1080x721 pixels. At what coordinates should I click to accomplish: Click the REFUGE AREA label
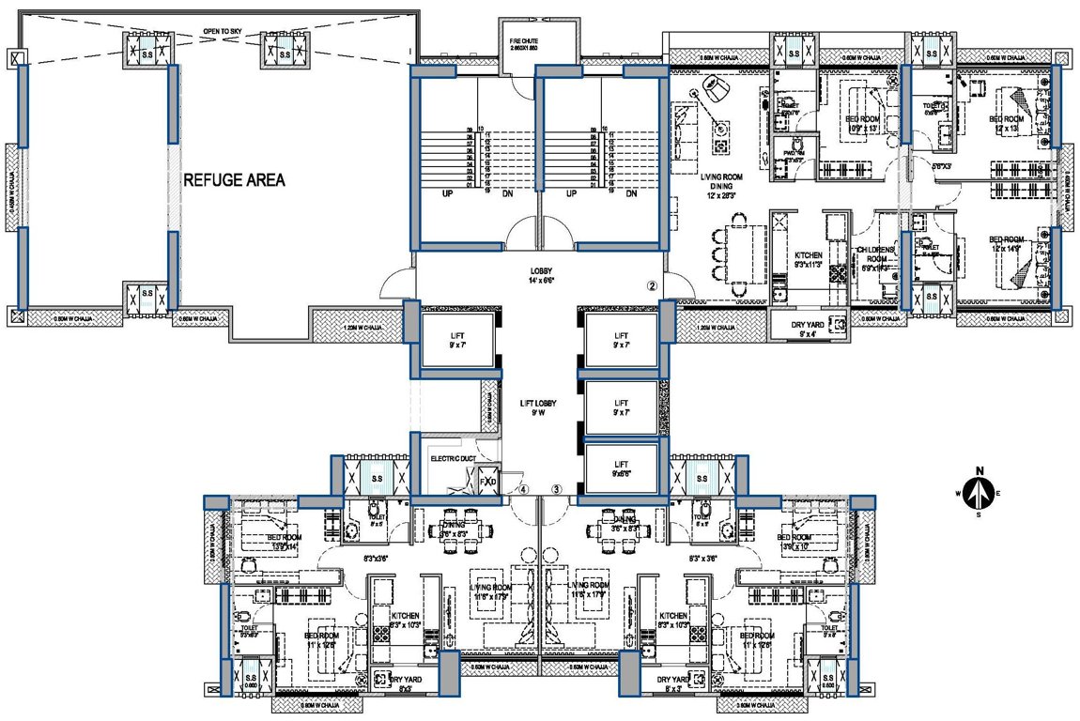point(235,180)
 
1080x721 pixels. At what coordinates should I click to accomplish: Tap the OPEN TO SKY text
point(223,32)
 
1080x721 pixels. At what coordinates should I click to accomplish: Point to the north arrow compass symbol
point(979,487)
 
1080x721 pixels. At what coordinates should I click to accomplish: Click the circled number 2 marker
point(652,284)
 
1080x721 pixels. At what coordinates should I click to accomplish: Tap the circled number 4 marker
point(524,489)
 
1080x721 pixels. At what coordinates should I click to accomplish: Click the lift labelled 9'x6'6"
point(620,468)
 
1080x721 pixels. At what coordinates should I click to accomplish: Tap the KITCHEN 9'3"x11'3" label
point(809,260)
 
